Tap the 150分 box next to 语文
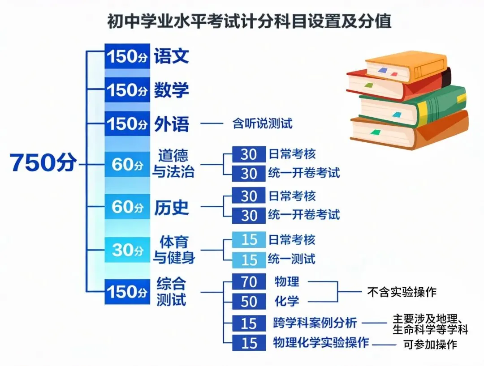(x=127, y=56)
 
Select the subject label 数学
(x=171, y=90)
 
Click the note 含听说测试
(x=262, y=123)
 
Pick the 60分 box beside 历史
(x=127, y=207)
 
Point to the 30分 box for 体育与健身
(x=127, y=250)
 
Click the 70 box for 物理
(x=249, y=282)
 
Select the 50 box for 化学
(x=249, y=301)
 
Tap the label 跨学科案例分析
(x=315, y=322)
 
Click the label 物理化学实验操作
(x=321, y=343)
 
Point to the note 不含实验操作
(x=402, y=292)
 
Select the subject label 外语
(x=171, y=124)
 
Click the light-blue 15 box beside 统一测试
(x=249, y=260)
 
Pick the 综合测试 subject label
(x=171, y=291)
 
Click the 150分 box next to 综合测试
(x=127, y=292)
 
